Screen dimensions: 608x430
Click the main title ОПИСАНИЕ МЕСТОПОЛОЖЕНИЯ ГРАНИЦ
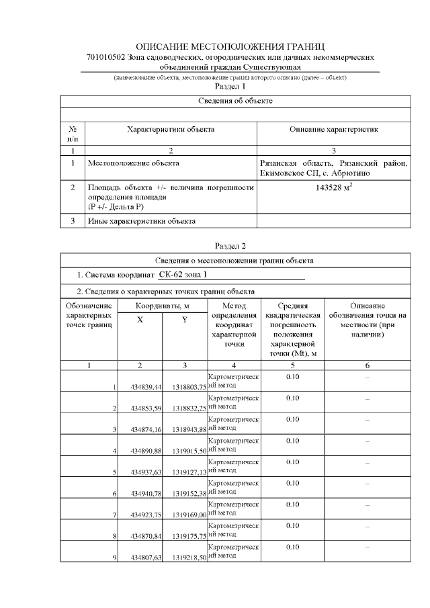click(x=230, y=47)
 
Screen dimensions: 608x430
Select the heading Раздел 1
click(x=230, y=86)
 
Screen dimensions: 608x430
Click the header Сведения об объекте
click(x=235, y=101)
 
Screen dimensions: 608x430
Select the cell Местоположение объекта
click(x=134, y=163)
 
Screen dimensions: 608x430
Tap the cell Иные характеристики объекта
click(x=142, y=220)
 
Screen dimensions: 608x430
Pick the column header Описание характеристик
click(x=334, y=128)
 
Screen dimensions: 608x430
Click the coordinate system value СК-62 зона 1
click(x=183, y=275)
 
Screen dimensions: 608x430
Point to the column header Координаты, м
click(x=162, y=306)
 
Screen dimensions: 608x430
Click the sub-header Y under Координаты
click(x=184, y=320)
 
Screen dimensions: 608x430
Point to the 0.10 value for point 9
click(x=292, y=547)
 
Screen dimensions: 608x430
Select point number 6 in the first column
click(x=115, y=494)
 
